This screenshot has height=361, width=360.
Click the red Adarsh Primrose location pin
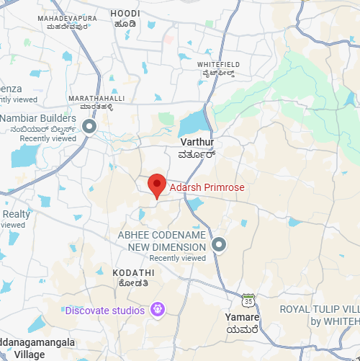coord(157,185)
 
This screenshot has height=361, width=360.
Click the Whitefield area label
coord(218,64)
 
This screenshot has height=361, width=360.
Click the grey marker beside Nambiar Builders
coord(90,128)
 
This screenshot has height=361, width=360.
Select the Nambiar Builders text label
coord(39,118)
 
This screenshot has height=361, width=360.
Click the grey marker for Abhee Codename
coord(220,245)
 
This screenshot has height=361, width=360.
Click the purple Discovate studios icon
coord(158,311)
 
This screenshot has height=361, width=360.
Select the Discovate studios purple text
coord(105,311)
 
